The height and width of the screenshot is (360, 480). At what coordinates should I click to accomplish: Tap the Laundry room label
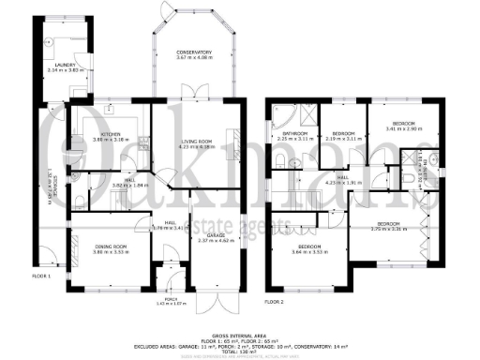click(64, 65)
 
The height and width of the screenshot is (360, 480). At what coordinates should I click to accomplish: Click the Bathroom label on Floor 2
click(296, 134)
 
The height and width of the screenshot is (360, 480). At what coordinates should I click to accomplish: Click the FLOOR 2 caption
click(274, 303)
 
